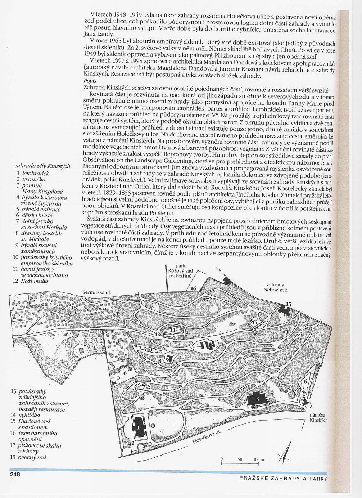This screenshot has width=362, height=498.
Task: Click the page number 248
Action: (15, 474)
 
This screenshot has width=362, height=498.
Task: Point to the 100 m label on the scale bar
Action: (258, 460)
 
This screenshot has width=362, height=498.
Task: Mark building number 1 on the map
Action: (138, 428)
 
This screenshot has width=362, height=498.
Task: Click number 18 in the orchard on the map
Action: (74, 308)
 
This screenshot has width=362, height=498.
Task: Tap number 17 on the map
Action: (206, 300)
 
